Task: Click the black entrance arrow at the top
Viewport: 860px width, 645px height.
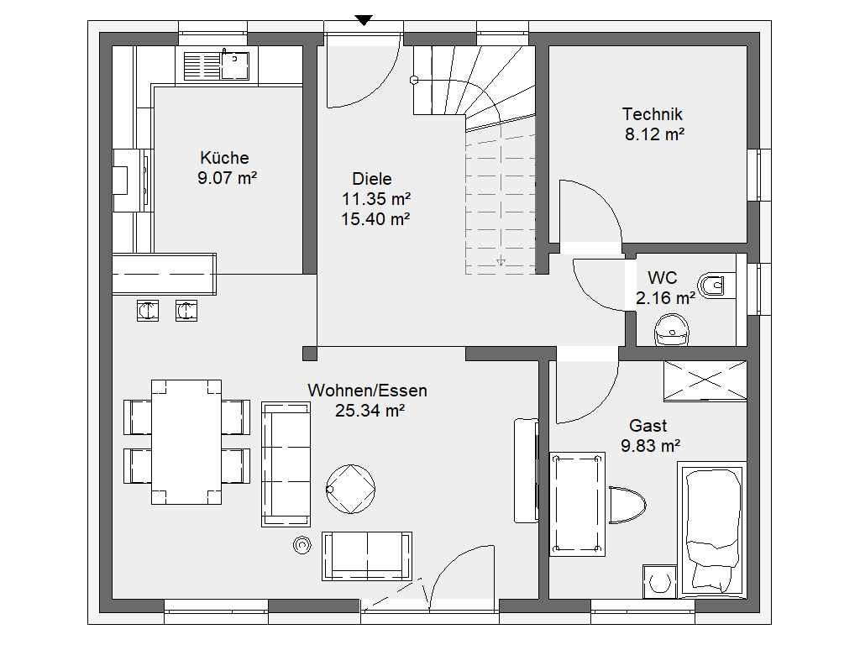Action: point(364,20)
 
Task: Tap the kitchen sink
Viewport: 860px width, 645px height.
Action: point(217,66)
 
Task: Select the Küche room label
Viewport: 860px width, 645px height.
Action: point(224,158)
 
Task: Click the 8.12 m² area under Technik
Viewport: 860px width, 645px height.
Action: point(654,134)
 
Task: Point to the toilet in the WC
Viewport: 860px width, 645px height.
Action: point(716,286)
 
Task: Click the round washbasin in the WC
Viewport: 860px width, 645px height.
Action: point(672,329)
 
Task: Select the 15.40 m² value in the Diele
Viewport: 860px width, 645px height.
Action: point(375,219)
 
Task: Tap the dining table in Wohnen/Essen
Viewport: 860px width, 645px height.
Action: point(186,442)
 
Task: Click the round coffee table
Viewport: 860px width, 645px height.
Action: point(350,489)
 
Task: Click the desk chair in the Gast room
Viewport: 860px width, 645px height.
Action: point(627,505)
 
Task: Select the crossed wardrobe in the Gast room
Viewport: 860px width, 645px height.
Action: point(705,380)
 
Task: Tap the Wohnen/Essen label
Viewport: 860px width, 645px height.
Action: point(367,391)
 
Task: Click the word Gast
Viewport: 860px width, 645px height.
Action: point(648,426)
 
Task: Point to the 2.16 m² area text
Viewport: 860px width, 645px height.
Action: point(665,298)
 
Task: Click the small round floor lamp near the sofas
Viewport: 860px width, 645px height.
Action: point(302,544)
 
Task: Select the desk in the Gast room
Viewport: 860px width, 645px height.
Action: point(578,505)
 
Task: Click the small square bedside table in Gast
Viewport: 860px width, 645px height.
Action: point(659,581)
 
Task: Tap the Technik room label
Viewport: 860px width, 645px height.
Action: point(652,114)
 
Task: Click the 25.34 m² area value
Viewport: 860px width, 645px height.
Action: point(370,411)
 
